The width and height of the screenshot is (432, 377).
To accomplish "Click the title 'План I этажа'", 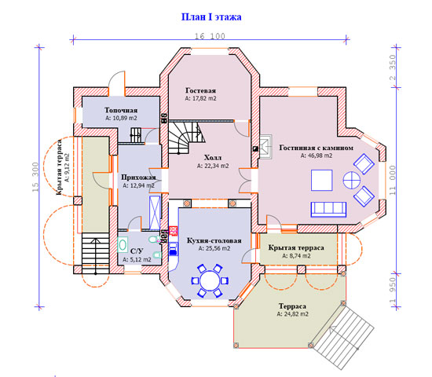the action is [211, 17].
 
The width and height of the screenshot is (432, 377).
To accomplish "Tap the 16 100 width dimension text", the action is [210, 36].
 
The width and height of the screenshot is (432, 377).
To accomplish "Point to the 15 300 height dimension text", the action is [35, 177].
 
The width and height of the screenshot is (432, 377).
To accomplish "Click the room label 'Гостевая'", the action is [200, 90].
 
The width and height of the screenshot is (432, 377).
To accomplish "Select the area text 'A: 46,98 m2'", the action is [317, 156].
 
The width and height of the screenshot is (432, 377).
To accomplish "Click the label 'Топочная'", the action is [121, 110].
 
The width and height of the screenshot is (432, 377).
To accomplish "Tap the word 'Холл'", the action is [213, 158].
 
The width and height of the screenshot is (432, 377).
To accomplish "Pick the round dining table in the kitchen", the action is [210, 281].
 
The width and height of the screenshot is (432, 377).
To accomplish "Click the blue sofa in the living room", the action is [328, 209].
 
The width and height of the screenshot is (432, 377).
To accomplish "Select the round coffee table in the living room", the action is [352, 181].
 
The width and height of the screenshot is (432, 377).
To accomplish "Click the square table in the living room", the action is [321, 180].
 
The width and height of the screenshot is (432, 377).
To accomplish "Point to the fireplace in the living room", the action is [265, 147].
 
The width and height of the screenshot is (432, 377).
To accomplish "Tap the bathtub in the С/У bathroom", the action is [123, 245].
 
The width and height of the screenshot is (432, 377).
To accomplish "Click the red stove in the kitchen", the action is [173, 231].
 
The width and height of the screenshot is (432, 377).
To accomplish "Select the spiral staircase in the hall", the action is [186, 137].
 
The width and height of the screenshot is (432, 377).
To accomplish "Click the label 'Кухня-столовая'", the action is [214, 240].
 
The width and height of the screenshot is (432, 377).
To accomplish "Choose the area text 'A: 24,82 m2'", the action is [293, 314].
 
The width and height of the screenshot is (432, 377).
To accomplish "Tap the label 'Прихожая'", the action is [138, 178].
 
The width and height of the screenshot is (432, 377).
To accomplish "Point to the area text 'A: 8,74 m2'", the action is [296, 256].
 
